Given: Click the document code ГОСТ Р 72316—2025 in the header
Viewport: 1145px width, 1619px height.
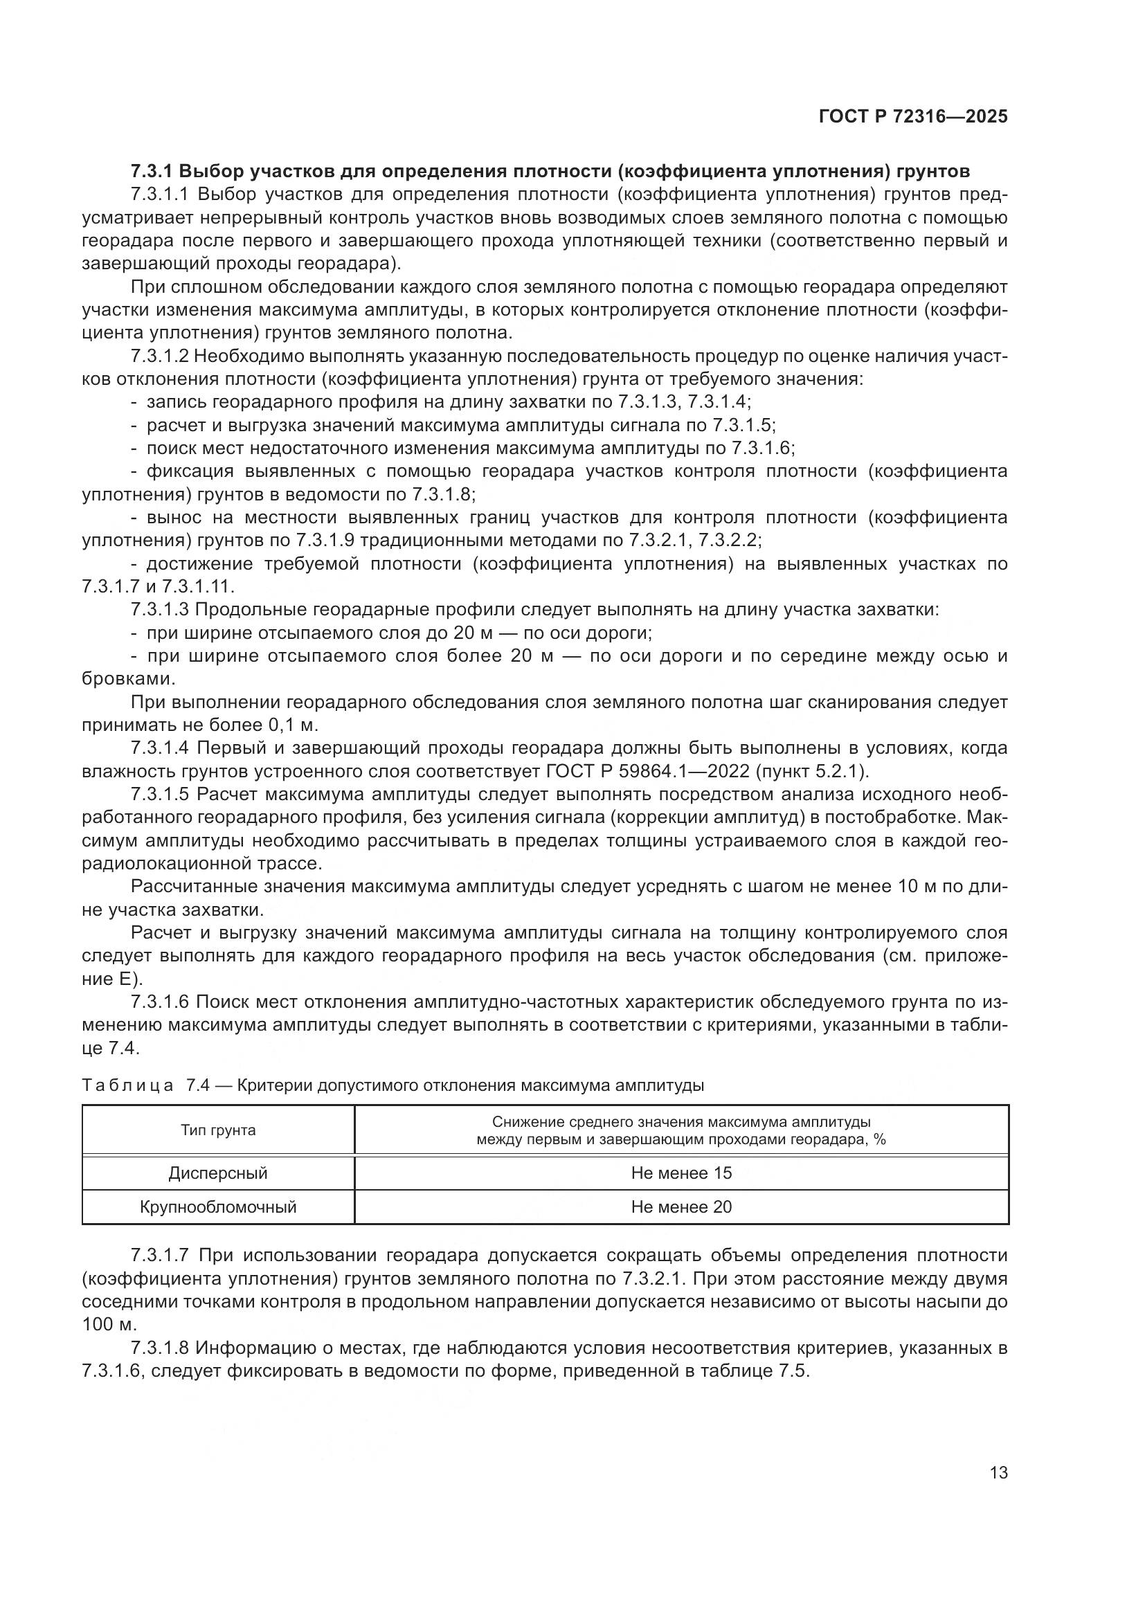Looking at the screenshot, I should [913, 117].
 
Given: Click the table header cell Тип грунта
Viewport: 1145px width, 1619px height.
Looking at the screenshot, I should [218, 1130].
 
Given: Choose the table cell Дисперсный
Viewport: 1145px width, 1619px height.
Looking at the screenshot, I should [218, 1173].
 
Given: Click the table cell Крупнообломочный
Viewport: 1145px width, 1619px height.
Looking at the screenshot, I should [218, 1207].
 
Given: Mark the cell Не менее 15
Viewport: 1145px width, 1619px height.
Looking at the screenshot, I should [681, 1173].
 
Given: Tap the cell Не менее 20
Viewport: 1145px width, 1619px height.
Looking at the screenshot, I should [681, 1207].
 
